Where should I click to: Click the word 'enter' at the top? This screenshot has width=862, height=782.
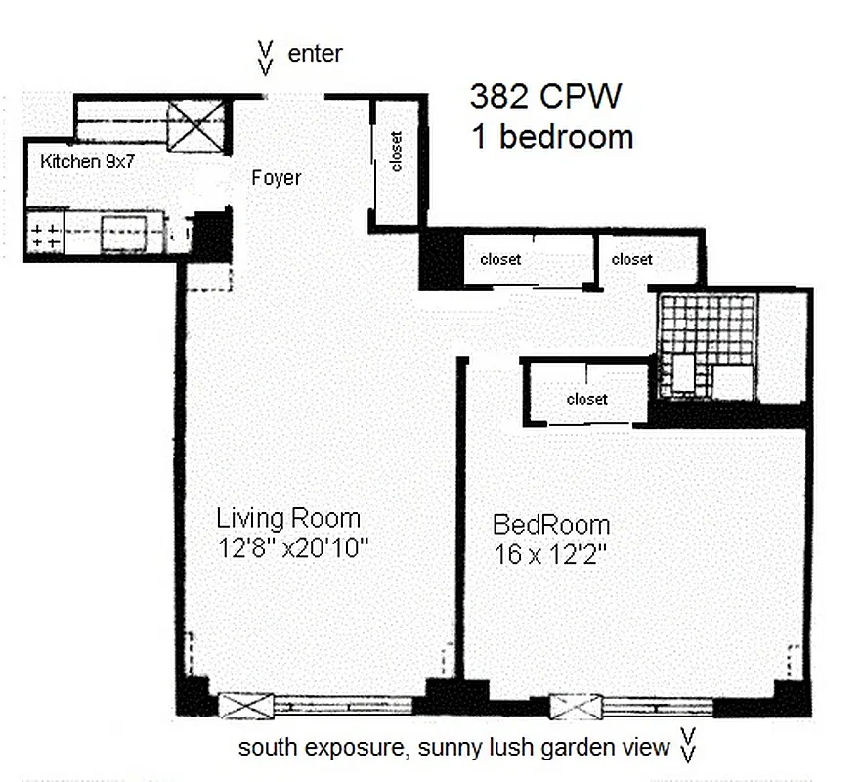[315, 54]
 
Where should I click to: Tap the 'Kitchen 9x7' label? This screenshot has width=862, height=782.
[87, 161]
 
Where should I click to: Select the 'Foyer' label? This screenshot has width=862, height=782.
[277, 178]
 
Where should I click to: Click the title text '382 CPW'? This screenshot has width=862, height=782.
[546, 97]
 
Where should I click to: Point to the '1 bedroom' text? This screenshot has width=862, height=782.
[552, 137]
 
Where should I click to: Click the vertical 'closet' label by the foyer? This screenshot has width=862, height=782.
[396, 152]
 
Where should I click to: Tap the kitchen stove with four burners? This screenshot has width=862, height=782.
[44, 235]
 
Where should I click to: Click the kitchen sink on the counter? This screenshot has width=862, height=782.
[124, 233]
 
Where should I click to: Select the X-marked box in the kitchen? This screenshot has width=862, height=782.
[195, 126]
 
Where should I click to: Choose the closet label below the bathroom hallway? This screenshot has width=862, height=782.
[586, 399]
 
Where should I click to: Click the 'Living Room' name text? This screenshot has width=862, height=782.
[288, 518]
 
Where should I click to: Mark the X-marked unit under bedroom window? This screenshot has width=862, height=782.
[576, 706]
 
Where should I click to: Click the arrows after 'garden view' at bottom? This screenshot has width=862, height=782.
[688, 745]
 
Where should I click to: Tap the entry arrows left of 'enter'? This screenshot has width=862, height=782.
[265, 57]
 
